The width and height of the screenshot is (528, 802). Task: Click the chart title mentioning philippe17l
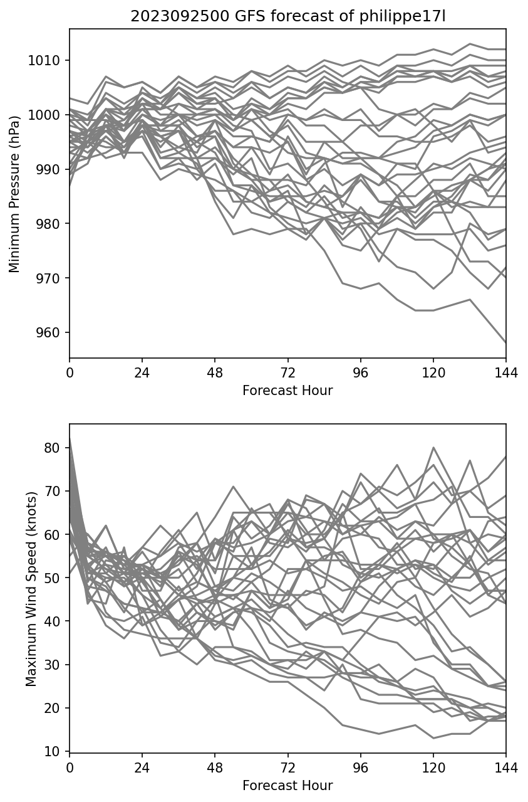coord(287,16)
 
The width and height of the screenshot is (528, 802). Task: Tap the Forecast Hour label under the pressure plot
coord(287,391)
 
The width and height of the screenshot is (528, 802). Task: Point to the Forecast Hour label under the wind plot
coord(287,785)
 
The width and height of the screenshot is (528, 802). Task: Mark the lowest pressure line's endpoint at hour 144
coord(505,343)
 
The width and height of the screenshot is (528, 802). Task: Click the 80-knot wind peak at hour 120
coord(433,448)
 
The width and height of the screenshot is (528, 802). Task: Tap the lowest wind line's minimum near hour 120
coord(433,738)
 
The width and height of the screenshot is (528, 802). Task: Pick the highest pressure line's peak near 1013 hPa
coord(470,44)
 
